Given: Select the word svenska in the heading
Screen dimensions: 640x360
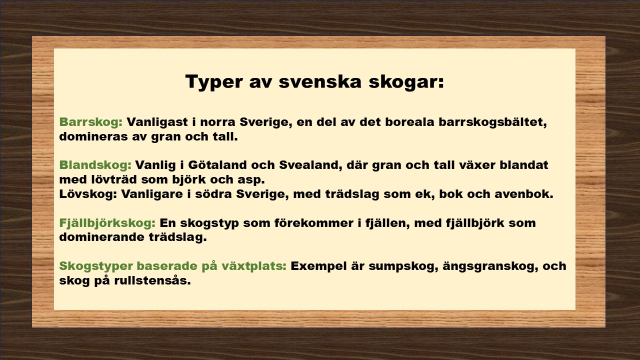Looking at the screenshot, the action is [320, 81].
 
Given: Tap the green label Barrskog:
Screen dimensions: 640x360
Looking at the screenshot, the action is [91, 122].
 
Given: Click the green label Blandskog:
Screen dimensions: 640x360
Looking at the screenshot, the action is [95, 165].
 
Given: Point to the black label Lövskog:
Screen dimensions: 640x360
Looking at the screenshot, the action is [88, 194].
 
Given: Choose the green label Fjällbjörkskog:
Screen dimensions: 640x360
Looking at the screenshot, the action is [107, 223].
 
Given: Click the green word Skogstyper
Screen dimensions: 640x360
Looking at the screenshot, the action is [96, 266].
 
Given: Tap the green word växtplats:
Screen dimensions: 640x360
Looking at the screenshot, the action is [254, 266].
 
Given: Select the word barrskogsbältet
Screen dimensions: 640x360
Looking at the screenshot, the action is [492, 122].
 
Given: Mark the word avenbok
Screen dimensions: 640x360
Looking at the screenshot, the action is [524, 194].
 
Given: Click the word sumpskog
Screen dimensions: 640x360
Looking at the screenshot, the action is [403, 266].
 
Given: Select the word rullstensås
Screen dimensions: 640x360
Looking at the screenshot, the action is [152, 280].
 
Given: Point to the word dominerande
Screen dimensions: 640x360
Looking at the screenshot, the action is [102, 237].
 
